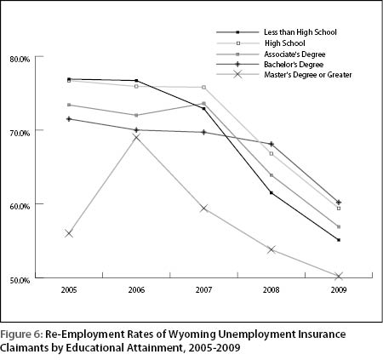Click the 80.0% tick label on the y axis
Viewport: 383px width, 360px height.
tap(20, 60)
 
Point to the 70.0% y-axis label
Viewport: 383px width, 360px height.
tap(20, 133)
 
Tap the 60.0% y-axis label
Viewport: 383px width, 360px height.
tap(20, 206)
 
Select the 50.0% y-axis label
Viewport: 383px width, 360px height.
tap(20, 280)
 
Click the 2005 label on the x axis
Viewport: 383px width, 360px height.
tap(69, 290)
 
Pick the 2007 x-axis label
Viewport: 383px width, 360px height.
tap(203, 290)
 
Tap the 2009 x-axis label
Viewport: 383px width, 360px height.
tap(339, 290)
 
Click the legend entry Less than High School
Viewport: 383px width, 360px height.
tap(300, 32)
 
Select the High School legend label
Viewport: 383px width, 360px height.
tap(285, 43)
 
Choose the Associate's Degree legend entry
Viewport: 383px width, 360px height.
tap(294, 54)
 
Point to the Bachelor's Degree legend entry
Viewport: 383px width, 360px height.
tap(294, 65)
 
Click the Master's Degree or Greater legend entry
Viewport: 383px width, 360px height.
tap(308, 75)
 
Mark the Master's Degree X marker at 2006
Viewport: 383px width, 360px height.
tap(136, 138)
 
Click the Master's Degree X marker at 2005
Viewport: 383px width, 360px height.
tap(69, 234)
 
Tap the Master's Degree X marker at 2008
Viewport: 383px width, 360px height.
tap(272, 249)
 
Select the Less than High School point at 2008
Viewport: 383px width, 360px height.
tap(272, 193)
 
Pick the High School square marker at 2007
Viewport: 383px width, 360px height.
tap(203, 88)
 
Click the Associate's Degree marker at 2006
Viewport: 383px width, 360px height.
tap(136, 115)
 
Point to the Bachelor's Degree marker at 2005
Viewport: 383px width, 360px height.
tap(69, 119)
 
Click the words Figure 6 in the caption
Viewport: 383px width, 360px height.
tap(20, 334)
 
